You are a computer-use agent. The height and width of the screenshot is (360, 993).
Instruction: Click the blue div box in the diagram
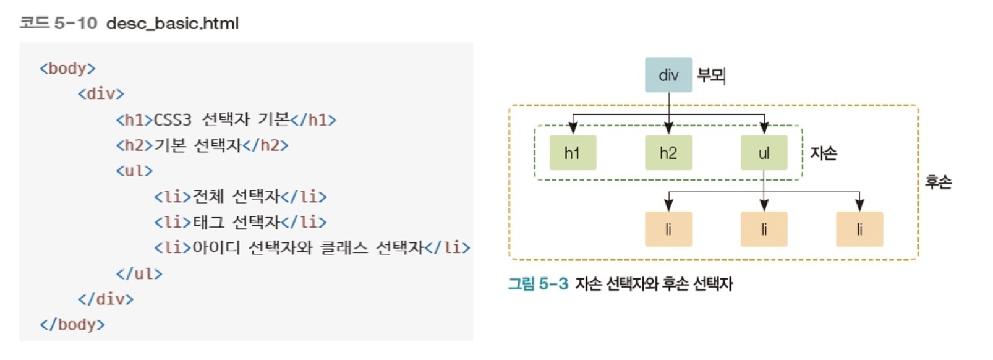click(668, 75)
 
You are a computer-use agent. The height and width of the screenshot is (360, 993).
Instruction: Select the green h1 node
click(573, 153)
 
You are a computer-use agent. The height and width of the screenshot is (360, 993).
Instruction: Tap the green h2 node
click(668, 153)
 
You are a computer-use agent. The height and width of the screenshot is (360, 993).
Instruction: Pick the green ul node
click(764, 153)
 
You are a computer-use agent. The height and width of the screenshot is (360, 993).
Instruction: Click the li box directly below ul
click(764, 229)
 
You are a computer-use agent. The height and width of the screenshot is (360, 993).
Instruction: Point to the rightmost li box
click(859, 229)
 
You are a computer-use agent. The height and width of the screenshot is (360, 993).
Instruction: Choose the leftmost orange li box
click(668, 229)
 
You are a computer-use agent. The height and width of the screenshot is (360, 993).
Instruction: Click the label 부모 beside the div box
click(711, 75)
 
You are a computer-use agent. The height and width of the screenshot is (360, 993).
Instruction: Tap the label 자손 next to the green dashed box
click(823, 153)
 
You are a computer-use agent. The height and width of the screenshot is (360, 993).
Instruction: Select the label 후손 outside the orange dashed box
click(938, 182)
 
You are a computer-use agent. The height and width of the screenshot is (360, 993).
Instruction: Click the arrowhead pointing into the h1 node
click(573, 128)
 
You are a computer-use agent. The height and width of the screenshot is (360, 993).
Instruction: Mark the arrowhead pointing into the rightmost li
click(859, 205)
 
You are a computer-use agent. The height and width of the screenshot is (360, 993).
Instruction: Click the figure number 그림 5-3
click(538, 284)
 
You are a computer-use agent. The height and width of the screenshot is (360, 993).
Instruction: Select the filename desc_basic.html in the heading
click(173, 24)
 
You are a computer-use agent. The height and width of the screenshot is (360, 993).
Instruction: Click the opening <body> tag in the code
click(67, 68)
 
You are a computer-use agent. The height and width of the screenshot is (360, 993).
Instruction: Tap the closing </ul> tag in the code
click(139, 273)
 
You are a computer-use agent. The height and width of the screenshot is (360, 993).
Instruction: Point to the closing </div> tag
click(106, 299)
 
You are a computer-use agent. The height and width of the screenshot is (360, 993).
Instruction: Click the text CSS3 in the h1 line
click(173, 119)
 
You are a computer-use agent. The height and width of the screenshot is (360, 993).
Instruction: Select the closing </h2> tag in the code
click(266, 145)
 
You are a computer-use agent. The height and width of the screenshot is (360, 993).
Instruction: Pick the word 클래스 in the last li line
click(342, 248)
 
